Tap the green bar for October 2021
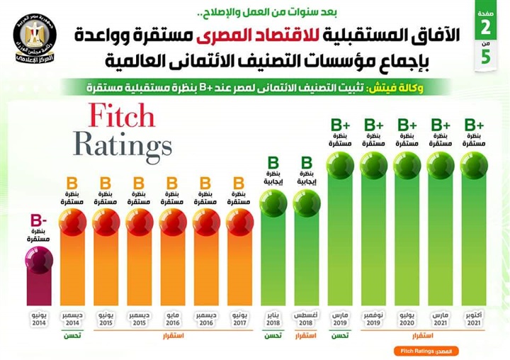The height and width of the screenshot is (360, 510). [x=474, y=241]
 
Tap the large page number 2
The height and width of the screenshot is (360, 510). [x=486, y=30]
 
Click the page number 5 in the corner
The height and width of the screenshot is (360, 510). [x=486, y=58]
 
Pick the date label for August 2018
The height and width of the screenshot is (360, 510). [x=307, y=317]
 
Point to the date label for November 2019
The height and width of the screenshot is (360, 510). [x=373, y=317]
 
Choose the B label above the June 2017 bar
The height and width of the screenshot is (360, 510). [x=239, y=184]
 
